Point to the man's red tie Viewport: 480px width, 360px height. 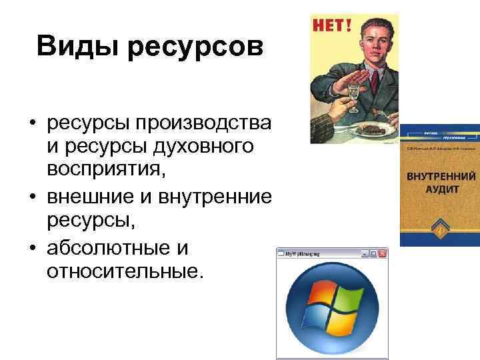coord(375,81)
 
